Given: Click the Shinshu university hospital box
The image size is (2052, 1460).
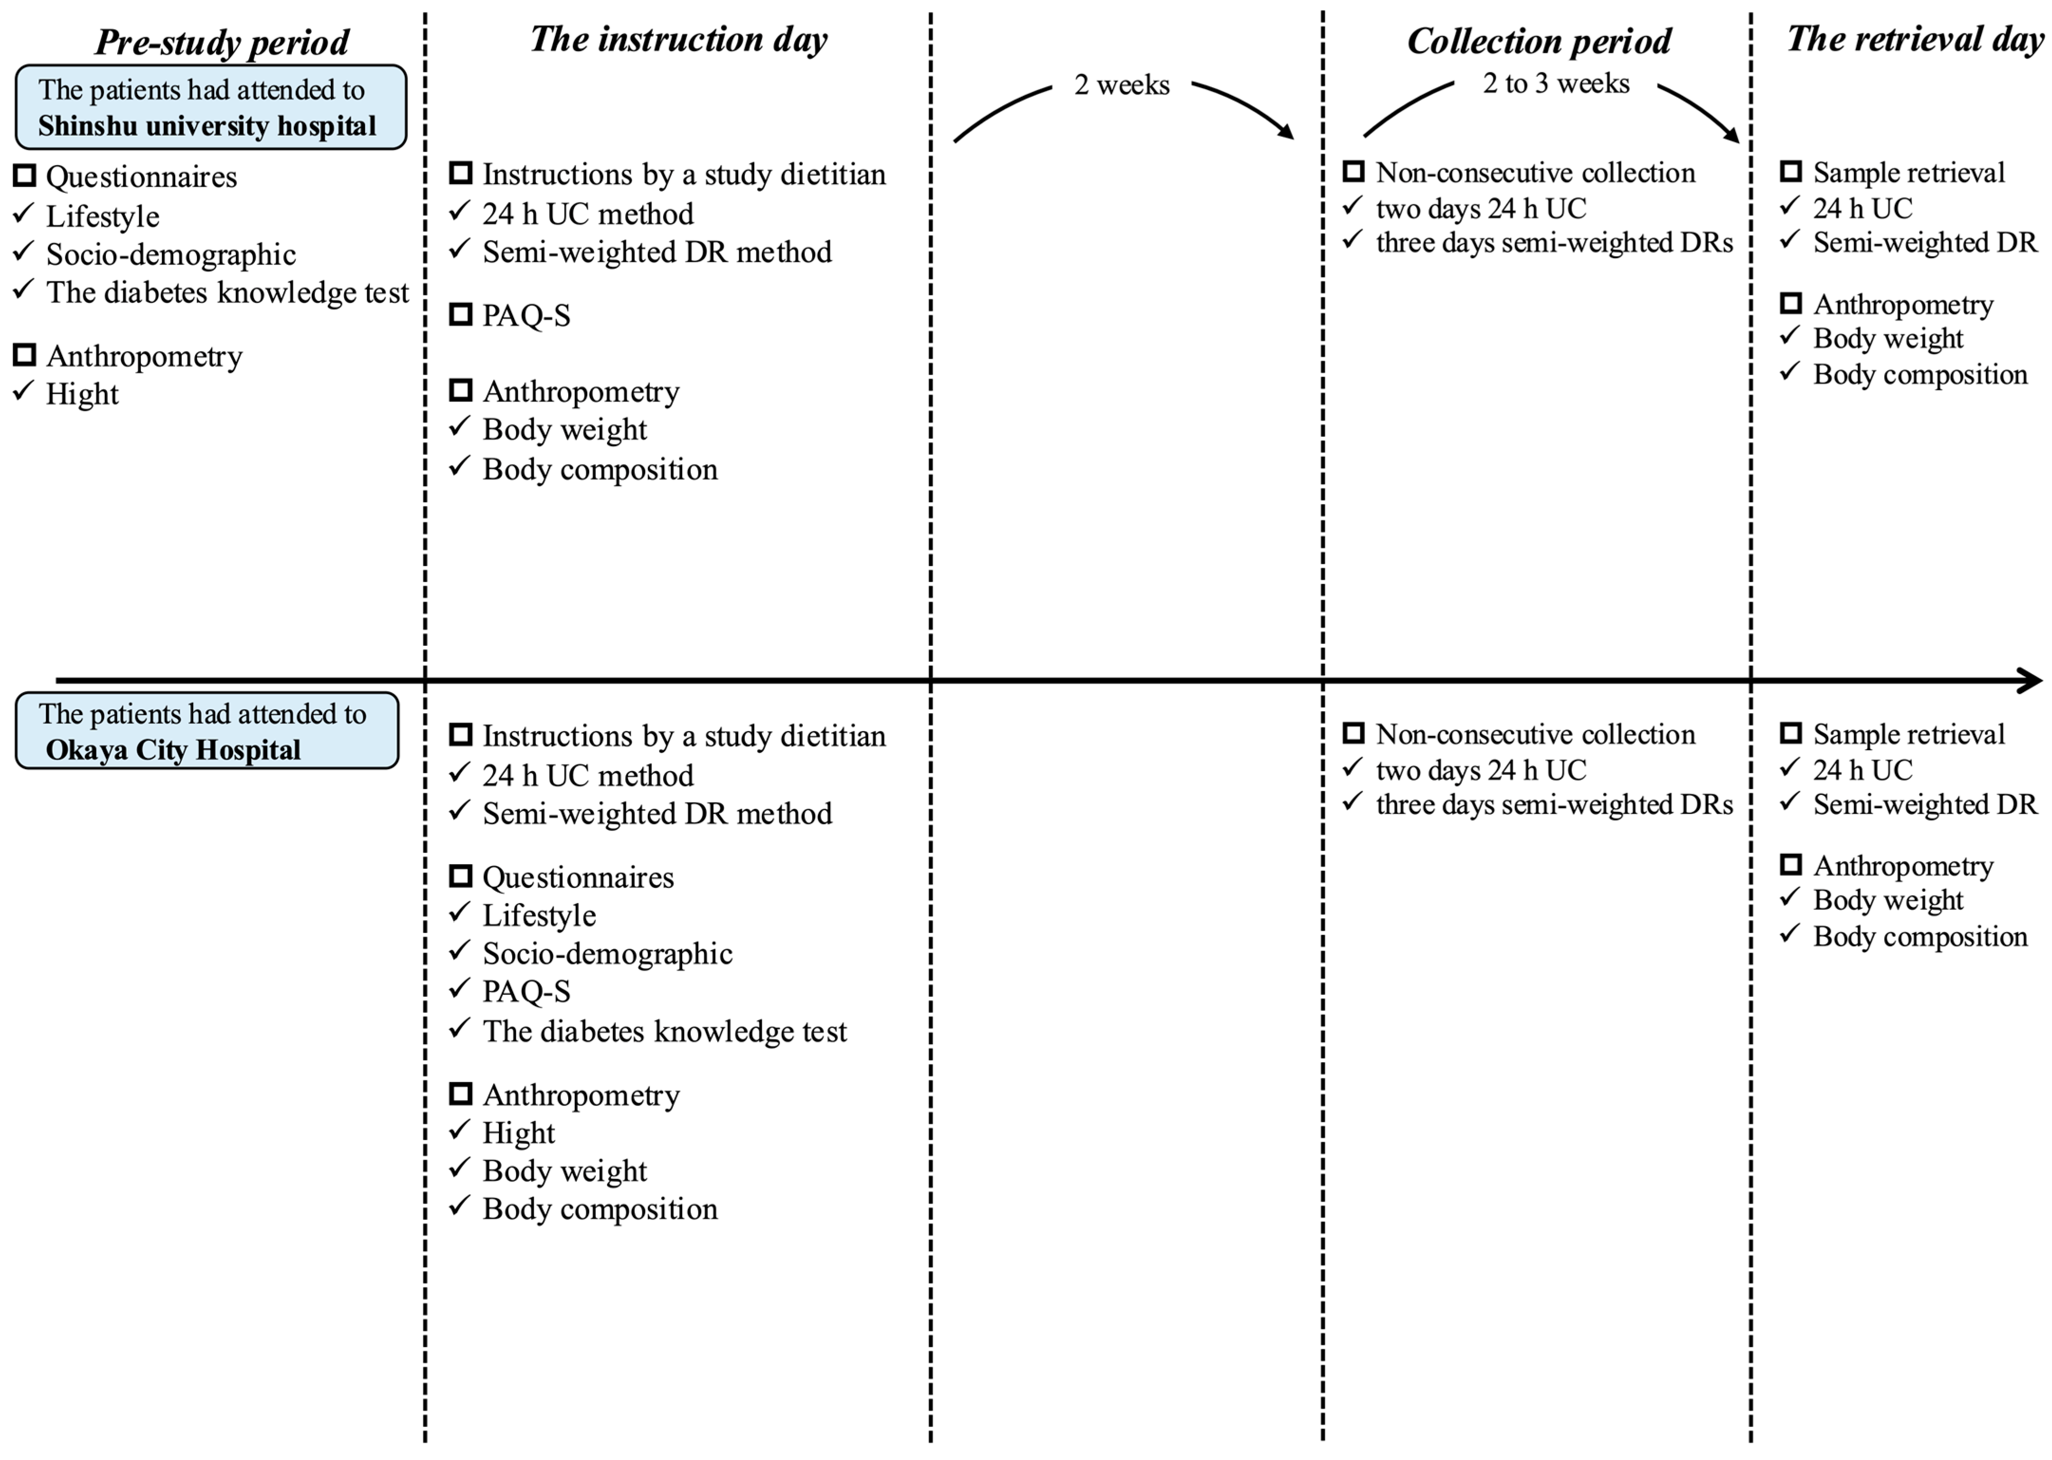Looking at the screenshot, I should pos(210,107).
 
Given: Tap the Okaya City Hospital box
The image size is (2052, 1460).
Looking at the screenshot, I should pos(207,731).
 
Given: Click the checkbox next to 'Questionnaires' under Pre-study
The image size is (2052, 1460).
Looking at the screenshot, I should pos(24,175).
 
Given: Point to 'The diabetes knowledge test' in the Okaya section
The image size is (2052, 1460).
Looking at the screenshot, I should pos(664,1031).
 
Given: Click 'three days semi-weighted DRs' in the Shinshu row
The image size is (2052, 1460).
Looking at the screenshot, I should pos(1553,243).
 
